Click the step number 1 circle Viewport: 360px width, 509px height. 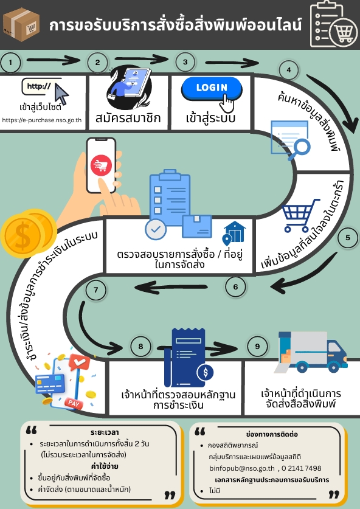(x=11, y=62)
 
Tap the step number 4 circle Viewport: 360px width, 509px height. (x=289, y=70)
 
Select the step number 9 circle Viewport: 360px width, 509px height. (x=257, y=347)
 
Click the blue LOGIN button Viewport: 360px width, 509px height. (x=212, y=88)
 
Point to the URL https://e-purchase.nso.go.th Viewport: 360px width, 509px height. (x=42, y=120)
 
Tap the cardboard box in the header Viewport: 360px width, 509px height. (x=21, y=25)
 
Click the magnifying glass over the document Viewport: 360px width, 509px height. (x=299, y=150)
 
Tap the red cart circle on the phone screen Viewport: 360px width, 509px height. (x=102, y=165)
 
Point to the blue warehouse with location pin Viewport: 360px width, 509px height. (x=234, y=233)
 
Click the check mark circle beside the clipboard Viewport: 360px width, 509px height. (x=156, y=229)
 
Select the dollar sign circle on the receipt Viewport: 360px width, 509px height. (x=205, y=372)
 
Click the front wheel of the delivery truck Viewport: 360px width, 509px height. (x=334, y=367)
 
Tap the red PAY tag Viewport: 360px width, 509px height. (x=74, y=403)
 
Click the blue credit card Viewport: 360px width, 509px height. (x=50, y=384)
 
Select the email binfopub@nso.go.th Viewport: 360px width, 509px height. (x=242, y=468)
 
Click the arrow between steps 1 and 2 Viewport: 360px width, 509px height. (x=54, y=60)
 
